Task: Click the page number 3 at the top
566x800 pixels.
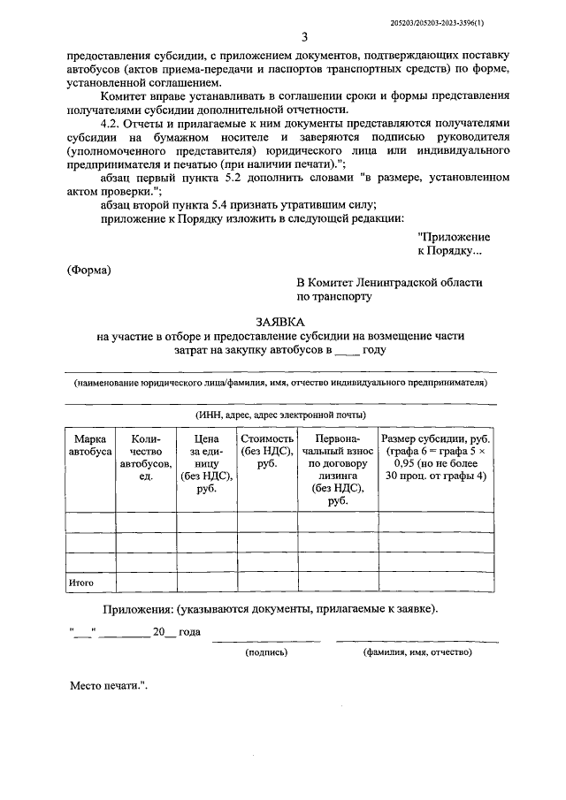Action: point(304,36)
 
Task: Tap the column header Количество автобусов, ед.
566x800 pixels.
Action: point(146,457)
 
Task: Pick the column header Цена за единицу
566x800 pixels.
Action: point(205,463)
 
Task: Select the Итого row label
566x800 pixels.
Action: point(81,583)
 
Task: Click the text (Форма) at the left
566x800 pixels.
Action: point(90,270)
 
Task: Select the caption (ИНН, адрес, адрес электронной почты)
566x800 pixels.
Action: point(280,415)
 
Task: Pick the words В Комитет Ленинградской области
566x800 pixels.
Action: point(389,282)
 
